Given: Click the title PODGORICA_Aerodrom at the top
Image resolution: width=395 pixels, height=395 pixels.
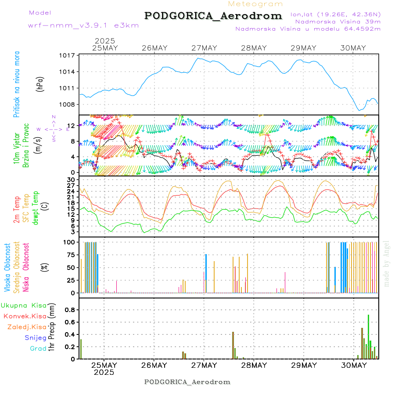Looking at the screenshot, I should tap(213, 16).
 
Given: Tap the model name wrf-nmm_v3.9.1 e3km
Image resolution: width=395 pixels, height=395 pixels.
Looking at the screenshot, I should tap(83, 25).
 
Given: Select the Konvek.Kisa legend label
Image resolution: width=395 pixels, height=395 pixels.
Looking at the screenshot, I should tap(25, 316).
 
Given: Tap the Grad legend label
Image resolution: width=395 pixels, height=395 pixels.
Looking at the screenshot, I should tap(38, 348).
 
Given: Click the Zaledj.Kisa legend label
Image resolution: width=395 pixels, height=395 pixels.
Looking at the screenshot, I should tap(27, 327).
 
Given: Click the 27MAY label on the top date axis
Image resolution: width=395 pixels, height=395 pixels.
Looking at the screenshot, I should tap(204, 48).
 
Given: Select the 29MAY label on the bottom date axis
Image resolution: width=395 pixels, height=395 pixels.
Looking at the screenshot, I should tap(303, 365).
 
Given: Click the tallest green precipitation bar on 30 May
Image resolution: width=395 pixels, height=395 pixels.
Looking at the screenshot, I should tap(368, 336).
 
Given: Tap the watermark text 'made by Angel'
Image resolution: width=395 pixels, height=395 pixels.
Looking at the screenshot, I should tap(387, 263).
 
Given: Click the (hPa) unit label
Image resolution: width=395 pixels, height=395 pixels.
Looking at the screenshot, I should tap(40, 84).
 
